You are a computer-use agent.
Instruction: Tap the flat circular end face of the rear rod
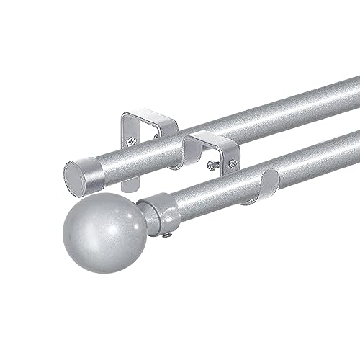click(x=76, y=178)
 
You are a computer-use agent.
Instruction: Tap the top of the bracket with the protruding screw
click(x=212, y=138)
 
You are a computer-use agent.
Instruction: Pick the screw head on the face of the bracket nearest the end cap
click(x=132, y=141)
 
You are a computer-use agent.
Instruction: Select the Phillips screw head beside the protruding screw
click(x=233, y=164)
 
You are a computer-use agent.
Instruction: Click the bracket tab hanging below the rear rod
click(x=127, y=181)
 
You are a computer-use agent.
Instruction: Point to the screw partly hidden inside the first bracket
click(x=155, y=135)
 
